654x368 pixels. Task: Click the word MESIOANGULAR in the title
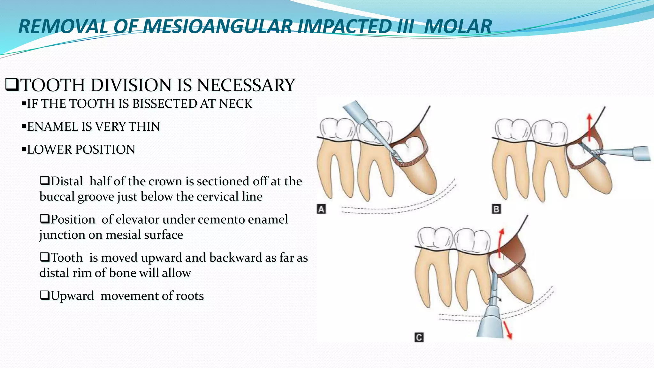click(x=217, y=27)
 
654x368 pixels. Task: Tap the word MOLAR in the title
click(x=458, y=27)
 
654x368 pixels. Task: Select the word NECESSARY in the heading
click(x=246, y=85)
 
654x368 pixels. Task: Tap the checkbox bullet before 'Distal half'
click(x=45, y=181)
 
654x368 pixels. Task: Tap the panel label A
click(x=321, y=209)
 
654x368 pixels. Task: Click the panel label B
click(x=496, y=209)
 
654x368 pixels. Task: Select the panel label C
click(x=419, y=337)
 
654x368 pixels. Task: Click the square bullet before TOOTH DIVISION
click(x=11, y=85)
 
